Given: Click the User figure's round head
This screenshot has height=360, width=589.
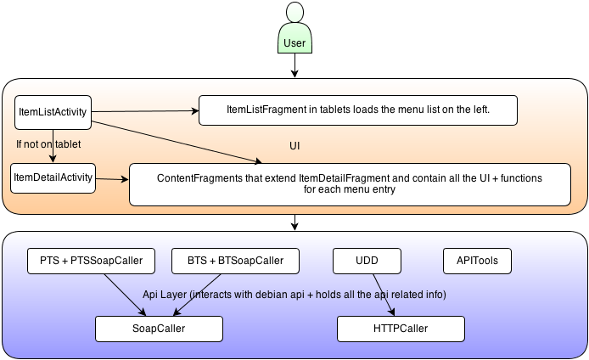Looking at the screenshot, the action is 294,12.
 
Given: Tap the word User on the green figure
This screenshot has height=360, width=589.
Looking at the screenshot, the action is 294,43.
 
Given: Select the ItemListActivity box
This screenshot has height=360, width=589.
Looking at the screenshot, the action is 53,112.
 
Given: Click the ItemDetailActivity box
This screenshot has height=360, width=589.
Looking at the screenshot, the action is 53,178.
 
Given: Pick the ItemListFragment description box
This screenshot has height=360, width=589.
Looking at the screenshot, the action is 358,110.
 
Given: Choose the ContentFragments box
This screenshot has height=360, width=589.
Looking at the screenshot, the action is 350,184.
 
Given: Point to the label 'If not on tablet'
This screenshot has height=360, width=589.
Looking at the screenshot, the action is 48,144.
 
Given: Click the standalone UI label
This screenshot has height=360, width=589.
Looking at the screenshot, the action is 294,146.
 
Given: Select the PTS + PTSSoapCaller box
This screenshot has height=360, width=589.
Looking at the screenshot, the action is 92,261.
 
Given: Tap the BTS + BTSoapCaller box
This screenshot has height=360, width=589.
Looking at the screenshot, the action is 236,261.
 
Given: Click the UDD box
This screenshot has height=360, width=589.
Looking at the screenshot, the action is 367,261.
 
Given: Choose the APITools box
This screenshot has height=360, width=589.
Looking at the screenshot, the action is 477,261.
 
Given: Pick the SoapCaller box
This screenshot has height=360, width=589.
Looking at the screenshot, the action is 159,329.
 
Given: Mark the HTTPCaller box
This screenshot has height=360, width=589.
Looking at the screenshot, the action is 401,329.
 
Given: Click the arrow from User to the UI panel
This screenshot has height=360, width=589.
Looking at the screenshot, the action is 294,65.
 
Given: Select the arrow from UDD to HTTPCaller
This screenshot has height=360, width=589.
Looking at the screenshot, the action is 384,295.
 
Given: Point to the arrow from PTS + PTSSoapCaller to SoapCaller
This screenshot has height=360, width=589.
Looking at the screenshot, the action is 125,295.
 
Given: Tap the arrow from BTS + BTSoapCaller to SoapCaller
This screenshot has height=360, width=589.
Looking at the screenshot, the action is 197,295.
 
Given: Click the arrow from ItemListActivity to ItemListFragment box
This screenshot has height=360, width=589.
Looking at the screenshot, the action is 145,111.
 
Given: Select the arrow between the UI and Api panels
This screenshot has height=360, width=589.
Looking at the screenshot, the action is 294,222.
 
